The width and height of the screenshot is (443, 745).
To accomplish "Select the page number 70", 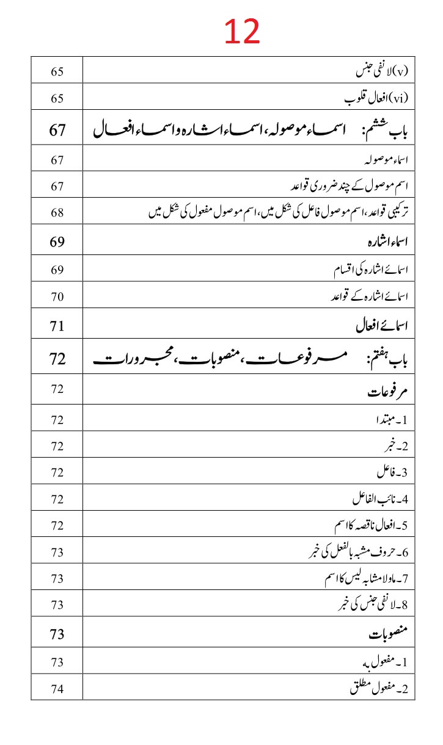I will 57,298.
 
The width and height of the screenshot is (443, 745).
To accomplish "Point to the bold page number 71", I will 57,326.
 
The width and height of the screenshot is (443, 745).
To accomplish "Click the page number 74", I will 57,689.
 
